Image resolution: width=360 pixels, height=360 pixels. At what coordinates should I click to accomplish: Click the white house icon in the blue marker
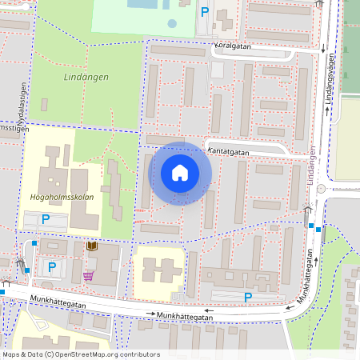point(180,173)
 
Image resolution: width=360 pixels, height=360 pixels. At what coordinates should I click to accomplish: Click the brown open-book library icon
point(91,246)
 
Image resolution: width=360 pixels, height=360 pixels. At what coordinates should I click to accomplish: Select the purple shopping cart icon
point(88,276)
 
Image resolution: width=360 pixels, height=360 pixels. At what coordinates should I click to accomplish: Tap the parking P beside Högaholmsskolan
point(46,218)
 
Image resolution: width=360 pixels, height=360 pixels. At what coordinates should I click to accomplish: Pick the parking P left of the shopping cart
point(52,266)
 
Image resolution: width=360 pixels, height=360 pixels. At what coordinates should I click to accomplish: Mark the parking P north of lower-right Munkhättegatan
point(248,297)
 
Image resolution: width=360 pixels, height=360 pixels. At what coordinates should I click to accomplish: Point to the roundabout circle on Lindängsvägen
point(321,189)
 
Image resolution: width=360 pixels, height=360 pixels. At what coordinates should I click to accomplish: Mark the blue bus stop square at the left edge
point(2,291)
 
